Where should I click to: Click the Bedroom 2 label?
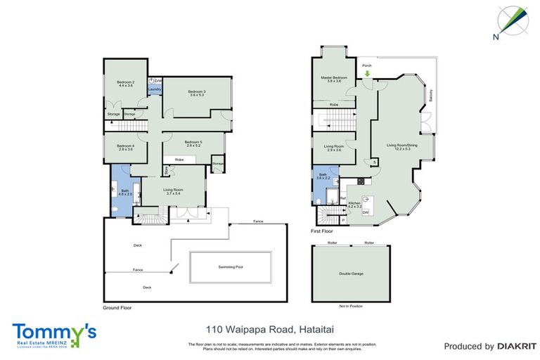125,84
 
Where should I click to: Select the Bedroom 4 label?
126,148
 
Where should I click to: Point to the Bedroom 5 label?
193,143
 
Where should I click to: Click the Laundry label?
155,89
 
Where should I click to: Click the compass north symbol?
513,21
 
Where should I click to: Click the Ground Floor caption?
117,308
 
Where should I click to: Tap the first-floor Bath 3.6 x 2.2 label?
323,176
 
